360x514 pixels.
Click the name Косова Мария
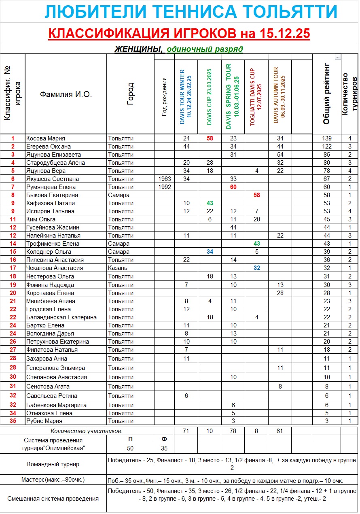[46, 138]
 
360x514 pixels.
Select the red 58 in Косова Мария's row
[210, 138]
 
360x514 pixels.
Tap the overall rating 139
[326, 138]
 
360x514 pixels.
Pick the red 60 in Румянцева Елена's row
[233, 187]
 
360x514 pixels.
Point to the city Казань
[118, 268]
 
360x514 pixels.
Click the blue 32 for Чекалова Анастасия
[256, 268]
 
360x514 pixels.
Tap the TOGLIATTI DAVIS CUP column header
[256, 97]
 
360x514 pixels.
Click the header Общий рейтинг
[326, 94]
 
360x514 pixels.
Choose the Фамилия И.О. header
[66, 95]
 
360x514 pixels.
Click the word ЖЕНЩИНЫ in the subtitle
[138, 49]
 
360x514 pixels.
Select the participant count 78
[233, 431]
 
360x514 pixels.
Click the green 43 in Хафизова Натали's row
[210, 203]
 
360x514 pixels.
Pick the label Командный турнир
[53, 464]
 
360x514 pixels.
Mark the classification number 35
[13, 421]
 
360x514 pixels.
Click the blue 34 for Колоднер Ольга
[210, 252]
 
